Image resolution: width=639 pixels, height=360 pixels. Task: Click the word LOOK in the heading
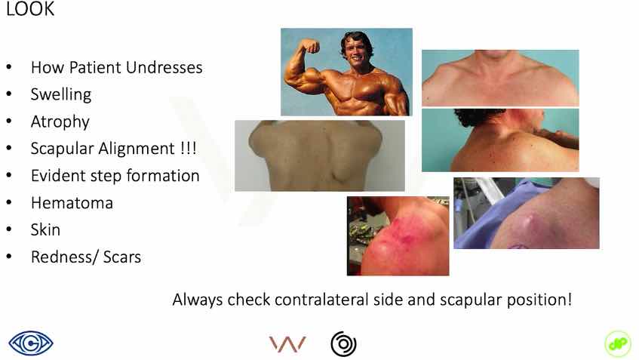point(30,9)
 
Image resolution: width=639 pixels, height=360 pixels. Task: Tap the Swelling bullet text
point(61,94)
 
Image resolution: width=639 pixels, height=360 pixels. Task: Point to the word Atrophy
point(60,122)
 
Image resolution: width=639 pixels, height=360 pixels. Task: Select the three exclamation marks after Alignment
point(189,148)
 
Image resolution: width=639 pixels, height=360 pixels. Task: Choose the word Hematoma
point(72,202)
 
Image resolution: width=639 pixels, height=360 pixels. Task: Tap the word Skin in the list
point(45,229)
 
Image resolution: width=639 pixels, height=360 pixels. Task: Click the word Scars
point(122,257)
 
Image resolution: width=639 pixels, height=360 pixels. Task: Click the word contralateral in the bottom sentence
point(321,300)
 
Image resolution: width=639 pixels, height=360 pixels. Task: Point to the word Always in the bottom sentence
point(198,300)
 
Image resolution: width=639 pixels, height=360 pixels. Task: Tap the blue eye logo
point(31,343)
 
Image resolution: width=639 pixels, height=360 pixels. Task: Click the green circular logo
point(618,343)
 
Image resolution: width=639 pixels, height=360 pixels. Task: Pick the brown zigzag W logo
point(287,344)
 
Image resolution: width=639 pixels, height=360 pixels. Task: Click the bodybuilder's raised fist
point(312,47)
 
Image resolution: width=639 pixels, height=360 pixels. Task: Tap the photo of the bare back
point(320,155)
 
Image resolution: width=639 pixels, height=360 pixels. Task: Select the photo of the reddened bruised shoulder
point(398,236)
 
